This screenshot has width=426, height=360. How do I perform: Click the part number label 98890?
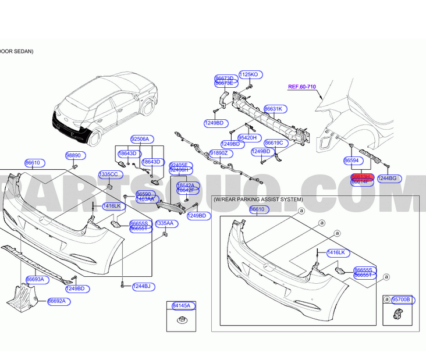(x=73, y=156)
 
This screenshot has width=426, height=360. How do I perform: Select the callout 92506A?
(x=140, y=139)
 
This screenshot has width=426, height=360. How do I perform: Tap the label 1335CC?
(x=108, y=174)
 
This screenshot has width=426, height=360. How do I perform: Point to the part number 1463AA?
(x=145, y=199)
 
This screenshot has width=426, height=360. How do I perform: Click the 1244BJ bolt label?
(x=141, y=286)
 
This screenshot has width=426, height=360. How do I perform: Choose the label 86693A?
(x=35, y=280)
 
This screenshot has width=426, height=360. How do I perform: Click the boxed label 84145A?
(x=182, y=305)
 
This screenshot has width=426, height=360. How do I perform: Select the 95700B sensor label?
(x=401, y=300)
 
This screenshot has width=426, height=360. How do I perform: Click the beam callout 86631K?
(x=274, y=109)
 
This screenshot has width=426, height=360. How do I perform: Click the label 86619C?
(x=274, y=142)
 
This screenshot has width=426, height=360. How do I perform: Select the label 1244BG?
(x=387, y=178)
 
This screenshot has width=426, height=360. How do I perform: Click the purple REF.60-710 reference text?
(x=302, y=87)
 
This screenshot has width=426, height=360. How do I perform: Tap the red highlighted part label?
(x=361, y=176)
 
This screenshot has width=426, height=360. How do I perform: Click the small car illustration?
(x=105, y=108)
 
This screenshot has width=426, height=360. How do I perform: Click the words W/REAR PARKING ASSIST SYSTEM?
(x=258, y=199)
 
